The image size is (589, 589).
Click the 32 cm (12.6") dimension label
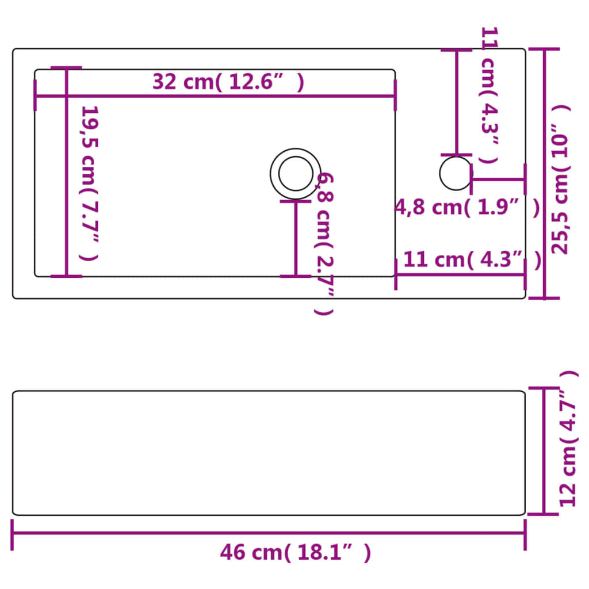tap(228, 82)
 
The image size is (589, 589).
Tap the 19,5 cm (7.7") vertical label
tap(89, 182)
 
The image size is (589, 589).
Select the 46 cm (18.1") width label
tap(295, 553)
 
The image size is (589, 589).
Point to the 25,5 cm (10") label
tap(560, 178)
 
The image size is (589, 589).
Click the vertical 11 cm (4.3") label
tap(489, 95)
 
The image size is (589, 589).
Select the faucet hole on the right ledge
tap(455, 173)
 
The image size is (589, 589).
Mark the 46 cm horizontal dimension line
tap(268, 533)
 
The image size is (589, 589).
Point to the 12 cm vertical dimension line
tap(544, 451)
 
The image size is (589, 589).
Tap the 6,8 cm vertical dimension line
tap(296, 238)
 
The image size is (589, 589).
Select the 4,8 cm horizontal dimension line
tap(498, 179)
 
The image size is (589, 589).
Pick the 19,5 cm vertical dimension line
tap(66, 172)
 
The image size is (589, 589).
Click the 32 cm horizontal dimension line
tap(215, 95)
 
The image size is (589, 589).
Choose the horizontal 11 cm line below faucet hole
tap(460, 274)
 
